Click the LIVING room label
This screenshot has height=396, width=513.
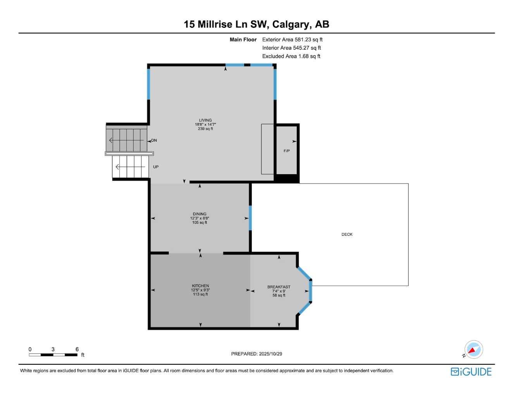(x=205, y=120)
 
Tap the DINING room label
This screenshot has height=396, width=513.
(x=200, y=214)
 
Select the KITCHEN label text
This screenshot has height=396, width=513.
(x=200, y=286)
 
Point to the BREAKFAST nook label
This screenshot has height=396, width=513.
(x=279, y=287)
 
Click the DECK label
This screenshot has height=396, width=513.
(x=347, y=235)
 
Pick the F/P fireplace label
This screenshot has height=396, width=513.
(x=286, y=151)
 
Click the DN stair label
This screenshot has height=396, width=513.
(x=154, y=141)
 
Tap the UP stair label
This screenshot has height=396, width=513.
(x=156, y=167)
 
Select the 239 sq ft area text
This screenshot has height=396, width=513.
(x=205, y=129)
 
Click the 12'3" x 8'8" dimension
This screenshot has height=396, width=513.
(x=200, y=218)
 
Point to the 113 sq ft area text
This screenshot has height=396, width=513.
(x=200, y=295)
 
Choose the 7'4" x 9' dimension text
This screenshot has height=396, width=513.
(x=279, y=291)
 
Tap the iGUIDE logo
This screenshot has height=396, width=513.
(x=471, y=372)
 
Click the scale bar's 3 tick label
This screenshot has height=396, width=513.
(x=53, y=349)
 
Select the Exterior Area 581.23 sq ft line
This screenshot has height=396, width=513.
(x=292, y=39)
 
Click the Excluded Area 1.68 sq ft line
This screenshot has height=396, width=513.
(x=291, y=56)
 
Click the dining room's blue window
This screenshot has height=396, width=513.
(x=250, y=218)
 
